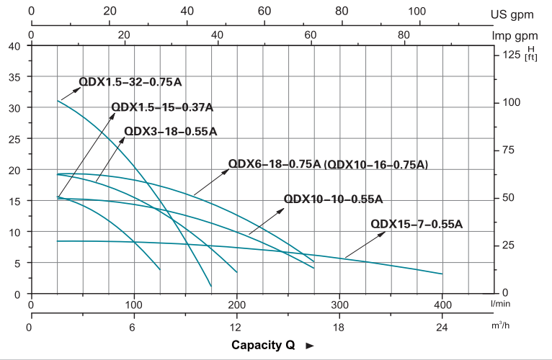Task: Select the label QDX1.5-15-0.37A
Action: [x=162, y=107]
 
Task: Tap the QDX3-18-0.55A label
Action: [x=170, y=131]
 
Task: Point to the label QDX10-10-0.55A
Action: [x=333, y=199]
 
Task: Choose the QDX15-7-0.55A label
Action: [x=417, y=224]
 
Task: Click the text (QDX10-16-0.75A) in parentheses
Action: [x=376, y=165]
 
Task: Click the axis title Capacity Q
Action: [x=263, y=345]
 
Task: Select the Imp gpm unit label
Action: [x=520, y=35]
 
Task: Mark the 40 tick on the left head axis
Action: [x=14, y=46]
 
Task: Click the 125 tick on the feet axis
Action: [x=511, y=55]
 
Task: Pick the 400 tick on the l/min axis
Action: [x=442, y=305]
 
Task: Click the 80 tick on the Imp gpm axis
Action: [x=404, y=35]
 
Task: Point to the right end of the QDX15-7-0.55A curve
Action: [x=442, y=274]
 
